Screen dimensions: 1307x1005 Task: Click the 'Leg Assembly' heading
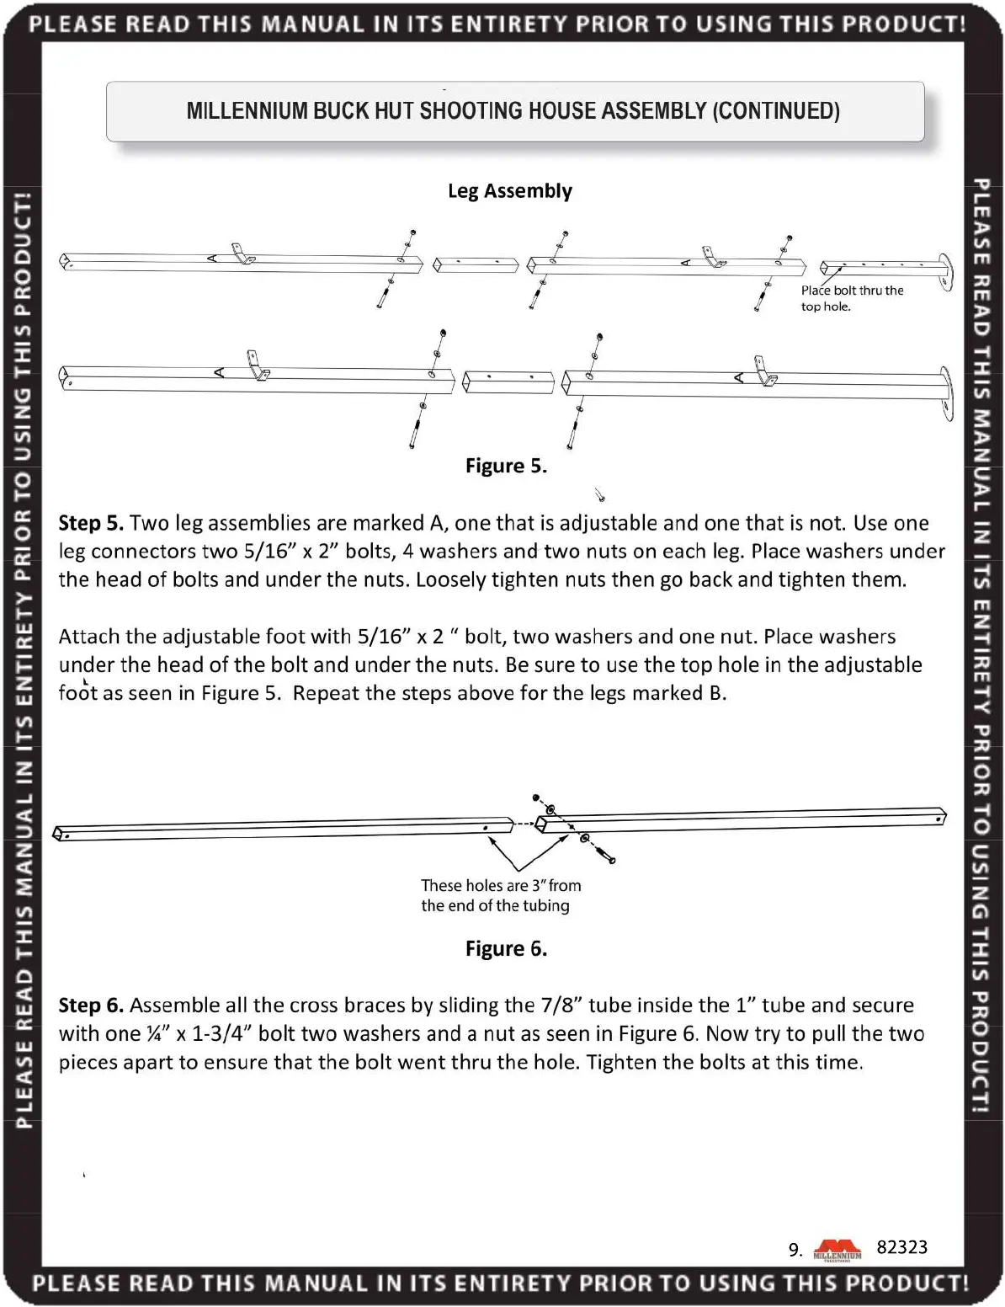click(x=509, y=191)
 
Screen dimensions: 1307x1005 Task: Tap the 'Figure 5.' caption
click(x=506, y=466)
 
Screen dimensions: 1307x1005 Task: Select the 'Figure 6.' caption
click(x=506, y=949)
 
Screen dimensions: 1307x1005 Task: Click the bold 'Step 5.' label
click(x=91, y=523)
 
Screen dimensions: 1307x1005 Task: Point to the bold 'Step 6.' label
click(x=91, y=1006)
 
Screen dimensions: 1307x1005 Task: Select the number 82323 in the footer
click(x=901, y=1247)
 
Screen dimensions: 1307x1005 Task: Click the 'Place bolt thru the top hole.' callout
click(x=851, y=298)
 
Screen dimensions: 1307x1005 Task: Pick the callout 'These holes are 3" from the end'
click(x=501, y=895)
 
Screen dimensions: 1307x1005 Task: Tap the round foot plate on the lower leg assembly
click(x=947, y=392)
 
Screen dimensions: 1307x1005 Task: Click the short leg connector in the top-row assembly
click(x=476, y=265)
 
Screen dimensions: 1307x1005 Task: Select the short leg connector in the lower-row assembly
click(x=508, y=381)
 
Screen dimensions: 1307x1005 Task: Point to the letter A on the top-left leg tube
click(x=212, y=258)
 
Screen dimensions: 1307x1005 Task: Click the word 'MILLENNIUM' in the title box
click(x=247, y=111)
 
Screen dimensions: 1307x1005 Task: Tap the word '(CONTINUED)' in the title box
click(x=776, y=111)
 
